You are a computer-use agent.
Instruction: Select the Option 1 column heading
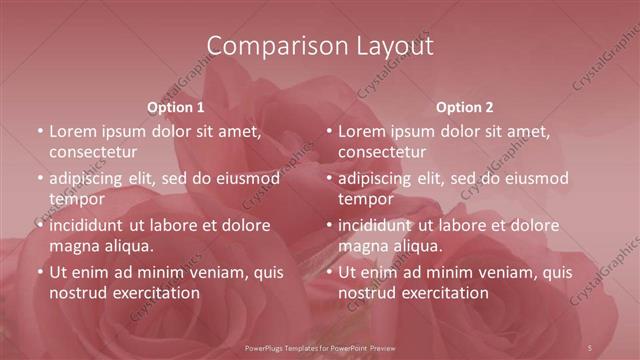tap(176, 107)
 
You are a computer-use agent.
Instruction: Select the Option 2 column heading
tap(465, 107)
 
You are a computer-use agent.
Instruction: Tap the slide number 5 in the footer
tap(590, 347)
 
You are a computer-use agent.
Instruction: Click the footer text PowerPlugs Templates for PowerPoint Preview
tap(320, 347)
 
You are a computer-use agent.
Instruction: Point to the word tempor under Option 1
tap(77, 199)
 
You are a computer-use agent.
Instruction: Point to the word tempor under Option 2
tap(367, 199)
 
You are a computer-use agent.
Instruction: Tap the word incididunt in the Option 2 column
tap(377, 225)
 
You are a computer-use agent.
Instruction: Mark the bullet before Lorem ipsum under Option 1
tap(40, 131)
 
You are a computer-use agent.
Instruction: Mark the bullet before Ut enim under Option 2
tap(329, 272)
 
